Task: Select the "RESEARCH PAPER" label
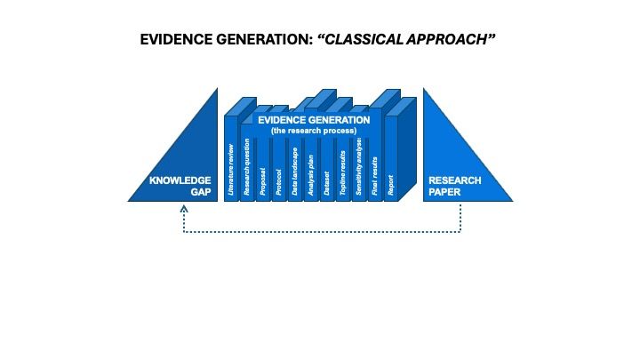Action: [x=455, y=187]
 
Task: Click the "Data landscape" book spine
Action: [x=295, y=169]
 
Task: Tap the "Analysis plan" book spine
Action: [x=311, y=169]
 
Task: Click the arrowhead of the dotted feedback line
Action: [x=184, y=210]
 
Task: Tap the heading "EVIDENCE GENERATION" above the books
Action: [x=314, y=119]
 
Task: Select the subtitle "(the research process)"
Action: [x=314, y=131]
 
